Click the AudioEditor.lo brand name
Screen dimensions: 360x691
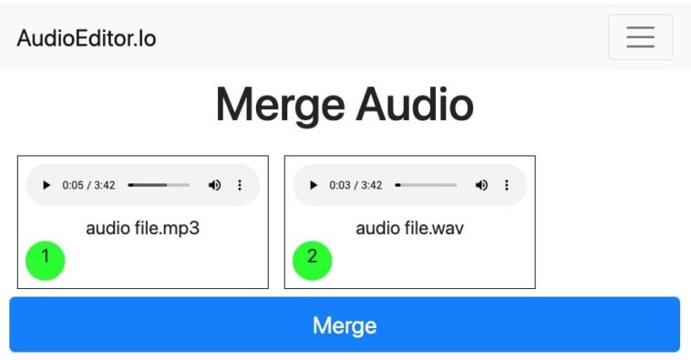(87, 38)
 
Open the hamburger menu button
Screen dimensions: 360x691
(640, 36)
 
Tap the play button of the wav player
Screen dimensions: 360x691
(313, 185)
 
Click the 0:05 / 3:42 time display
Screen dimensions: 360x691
(88, 185)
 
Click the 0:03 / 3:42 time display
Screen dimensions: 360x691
(356, 185)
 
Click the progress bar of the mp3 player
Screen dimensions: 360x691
(159, 185)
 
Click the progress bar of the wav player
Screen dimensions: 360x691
(426, 185)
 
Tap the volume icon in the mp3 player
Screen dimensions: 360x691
(214, 185)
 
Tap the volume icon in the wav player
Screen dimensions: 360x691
(481, 185)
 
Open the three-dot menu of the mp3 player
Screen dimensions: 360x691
(240, 185)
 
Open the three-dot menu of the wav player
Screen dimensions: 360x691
(507, 185)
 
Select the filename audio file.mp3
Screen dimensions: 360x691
(142, 228)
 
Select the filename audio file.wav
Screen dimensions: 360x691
(409, 228)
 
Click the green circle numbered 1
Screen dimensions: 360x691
(46, 259)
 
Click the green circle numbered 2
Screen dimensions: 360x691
(312, 259)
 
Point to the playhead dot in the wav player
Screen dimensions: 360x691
(397, 185)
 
